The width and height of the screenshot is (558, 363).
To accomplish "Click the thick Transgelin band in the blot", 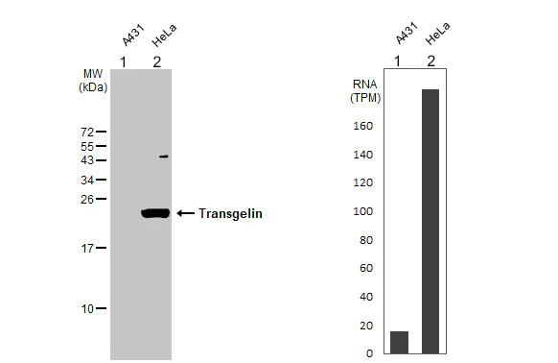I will point(154,213).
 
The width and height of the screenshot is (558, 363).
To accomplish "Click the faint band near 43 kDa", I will point(164,157).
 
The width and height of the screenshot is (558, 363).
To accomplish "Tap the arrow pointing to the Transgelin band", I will point(184,213).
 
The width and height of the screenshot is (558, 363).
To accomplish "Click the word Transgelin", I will point(230,214).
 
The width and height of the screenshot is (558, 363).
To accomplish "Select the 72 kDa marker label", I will point(86,132).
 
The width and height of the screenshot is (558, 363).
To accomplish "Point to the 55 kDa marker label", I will point(86,146).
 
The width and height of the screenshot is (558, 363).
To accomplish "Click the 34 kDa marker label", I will point(86,180).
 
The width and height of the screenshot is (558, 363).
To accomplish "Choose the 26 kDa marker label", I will point(86,200).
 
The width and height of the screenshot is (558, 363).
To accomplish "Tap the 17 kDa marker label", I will point(86,248).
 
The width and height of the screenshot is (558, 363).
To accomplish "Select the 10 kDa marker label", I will point(86,309).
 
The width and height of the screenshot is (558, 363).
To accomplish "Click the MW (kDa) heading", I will point(93,80).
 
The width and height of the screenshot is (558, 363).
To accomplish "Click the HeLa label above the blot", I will point(165,39).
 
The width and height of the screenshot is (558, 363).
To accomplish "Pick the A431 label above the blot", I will point(131,38).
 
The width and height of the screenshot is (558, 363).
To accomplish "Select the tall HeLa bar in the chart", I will point(430,221).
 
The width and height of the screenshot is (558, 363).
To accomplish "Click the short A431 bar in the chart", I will point(399,342).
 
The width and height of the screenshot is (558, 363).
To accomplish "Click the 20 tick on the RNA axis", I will point(364,326).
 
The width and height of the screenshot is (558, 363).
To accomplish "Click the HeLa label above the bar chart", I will point(437,37).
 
